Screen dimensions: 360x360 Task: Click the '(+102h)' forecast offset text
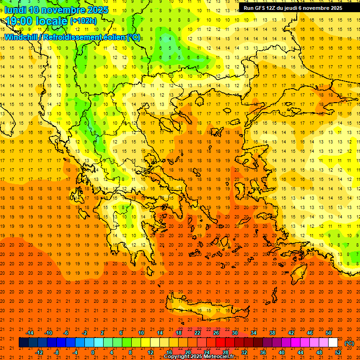point(83,21)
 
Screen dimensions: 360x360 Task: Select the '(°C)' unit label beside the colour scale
point(349,343)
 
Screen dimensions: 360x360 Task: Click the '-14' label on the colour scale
point(30,333)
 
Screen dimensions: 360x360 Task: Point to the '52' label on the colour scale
point(338,352)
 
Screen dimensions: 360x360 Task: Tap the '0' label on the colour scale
point(93,352)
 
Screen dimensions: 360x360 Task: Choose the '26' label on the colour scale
point(216,333)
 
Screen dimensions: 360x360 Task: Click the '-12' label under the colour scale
point(39,352)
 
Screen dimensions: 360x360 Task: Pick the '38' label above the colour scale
point(272,333)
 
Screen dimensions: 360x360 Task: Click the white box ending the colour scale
point(333,343)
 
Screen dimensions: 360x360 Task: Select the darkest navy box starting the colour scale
point(23,343)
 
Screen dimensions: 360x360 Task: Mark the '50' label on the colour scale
point(329,333)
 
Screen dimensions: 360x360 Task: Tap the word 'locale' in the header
point(53,21)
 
